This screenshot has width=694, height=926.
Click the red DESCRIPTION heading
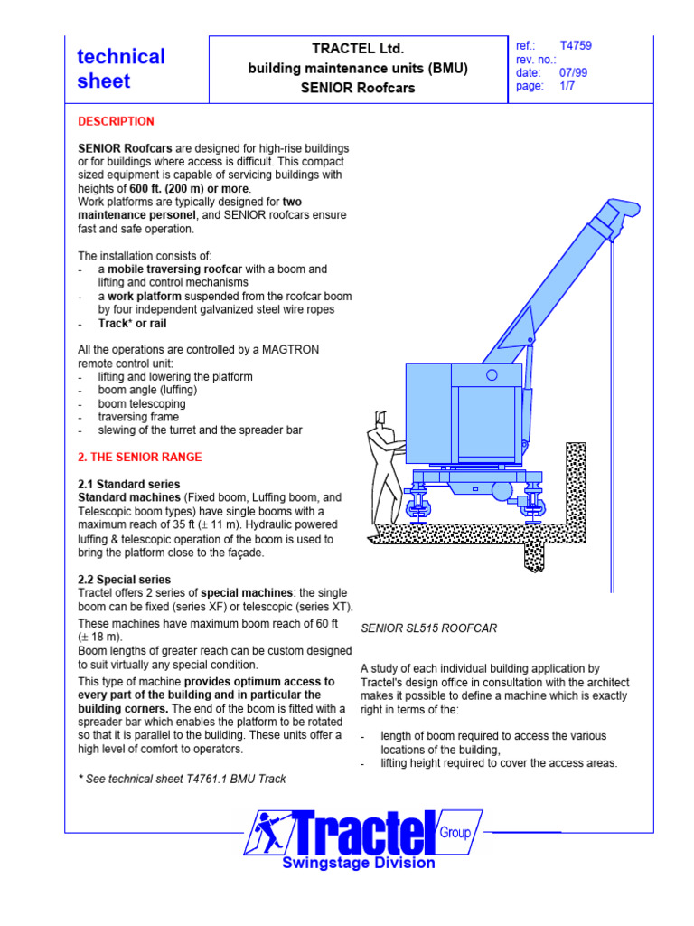tap(116, 121)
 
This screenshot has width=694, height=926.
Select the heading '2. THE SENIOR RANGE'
tap(140, 457)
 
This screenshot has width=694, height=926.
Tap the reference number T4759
tap(576, 45)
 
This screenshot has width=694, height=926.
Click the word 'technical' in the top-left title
tap(121, 56)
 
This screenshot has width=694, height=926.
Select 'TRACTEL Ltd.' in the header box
tap(358, 48)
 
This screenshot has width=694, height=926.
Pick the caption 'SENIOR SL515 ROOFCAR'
tap(428, 628)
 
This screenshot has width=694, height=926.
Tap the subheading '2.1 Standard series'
tap(128, 484)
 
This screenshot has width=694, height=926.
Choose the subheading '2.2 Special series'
tap(125, 579)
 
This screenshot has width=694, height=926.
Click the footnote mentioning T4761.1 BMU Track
tap(182, 779)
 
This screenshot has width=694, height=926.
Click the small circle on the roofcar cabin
tap(492, 374)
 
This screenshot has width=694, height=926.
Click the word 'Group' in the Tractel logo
tap(455, 832)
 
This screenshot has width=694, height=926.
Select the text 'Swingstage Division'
tap(359, 863)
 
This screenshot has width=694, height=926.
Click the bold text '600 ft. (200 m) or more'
tap(190, 188)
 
